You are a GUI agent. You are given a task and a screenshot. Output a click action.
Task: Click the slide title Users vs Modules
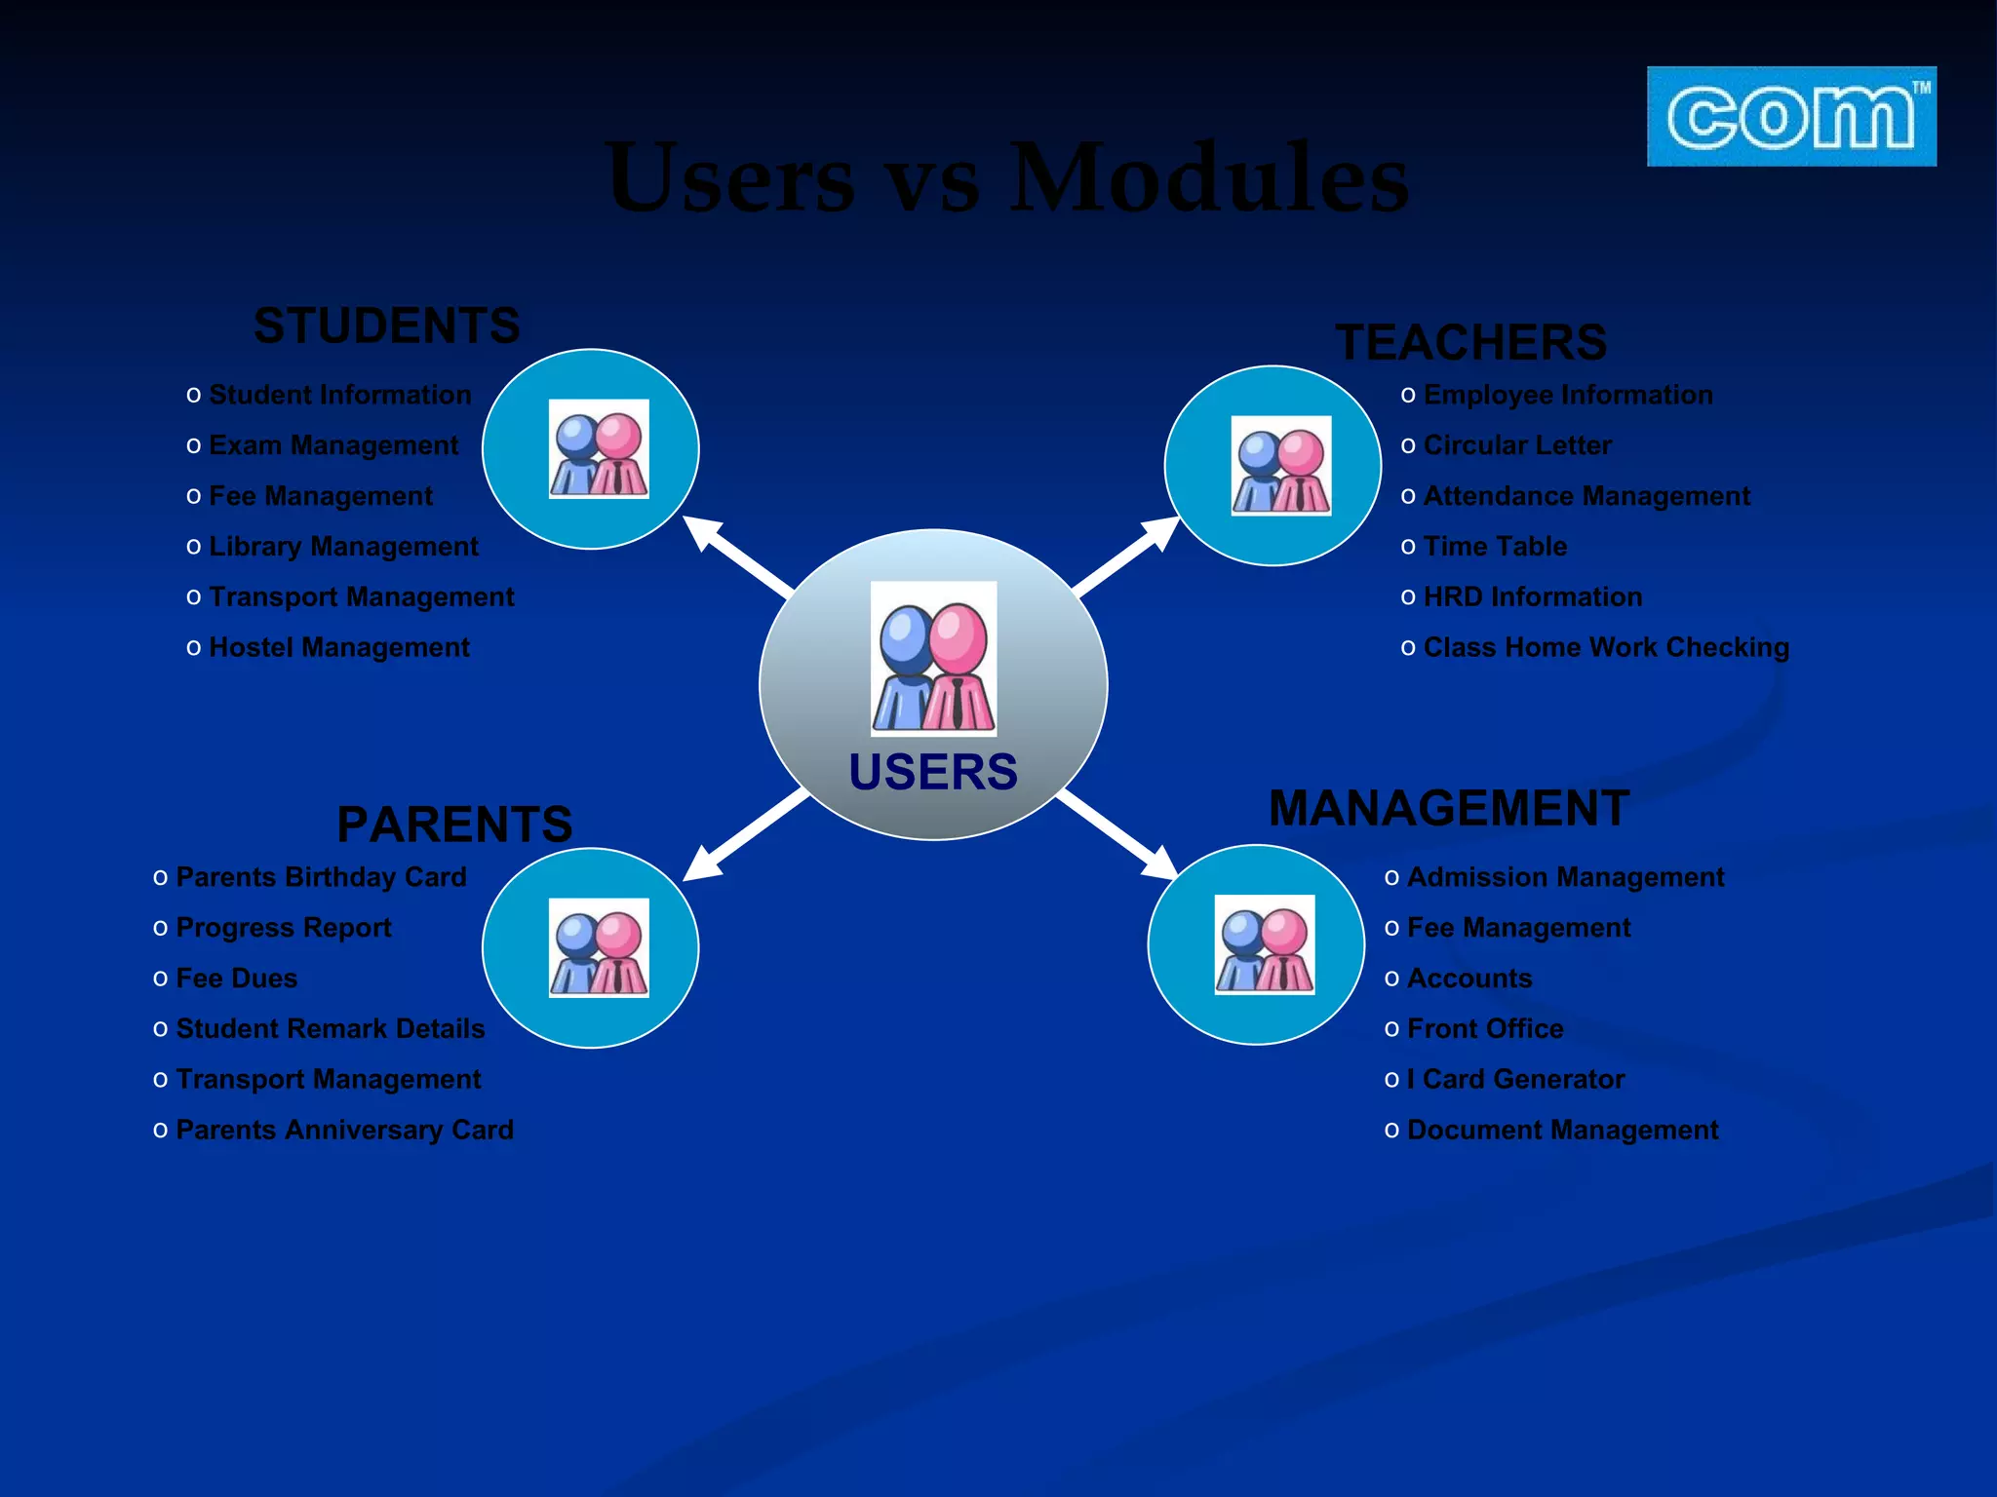(1006, 177)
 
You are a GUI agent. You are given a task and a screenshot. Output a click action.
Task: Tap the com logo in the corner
(1791, 117)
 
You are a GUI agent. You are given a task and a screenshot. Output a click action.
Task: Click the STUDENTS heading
(387, 326)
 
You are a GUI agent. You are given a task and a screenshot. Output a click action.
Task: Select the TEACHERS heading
(1470, 343)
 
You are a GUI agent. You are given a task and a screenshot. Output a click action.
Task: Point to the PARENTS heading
(454, 825)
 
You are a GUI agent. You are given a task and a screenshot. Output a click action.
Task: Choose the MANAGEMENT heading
(1449, 809)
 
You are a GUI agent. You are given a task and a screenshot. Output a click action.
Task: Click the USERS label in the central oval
(933, 772)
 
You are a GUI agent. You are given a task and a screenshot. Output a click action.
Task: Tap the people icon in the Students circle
(599, 449)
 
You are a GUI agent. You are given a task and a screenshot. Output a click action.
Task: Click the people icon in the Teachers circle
(1280, 466)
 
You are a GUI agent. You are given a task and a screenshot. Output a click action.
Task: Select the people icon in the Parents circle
(599, 947)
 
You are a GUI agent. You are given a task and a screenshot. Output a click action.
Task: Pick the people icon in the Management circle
(1264, 944)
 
